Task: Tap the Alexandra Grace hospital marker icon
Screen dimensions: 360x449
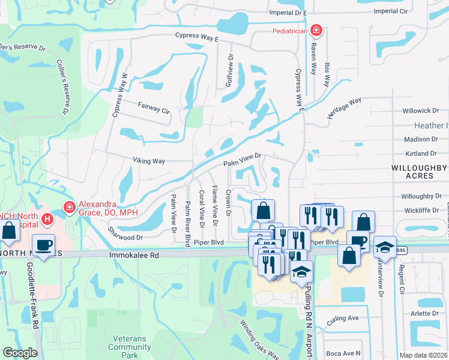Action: (70, 207)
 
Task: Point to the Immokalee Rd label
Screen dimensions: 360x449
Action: (133, 255)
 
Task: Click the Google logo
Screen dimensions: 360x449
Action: (20, 353)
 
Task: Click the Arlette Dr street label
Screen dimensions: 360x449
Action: (425, 313)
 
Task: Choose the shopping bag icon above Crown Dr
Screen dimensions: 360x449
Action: (263, 210)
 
